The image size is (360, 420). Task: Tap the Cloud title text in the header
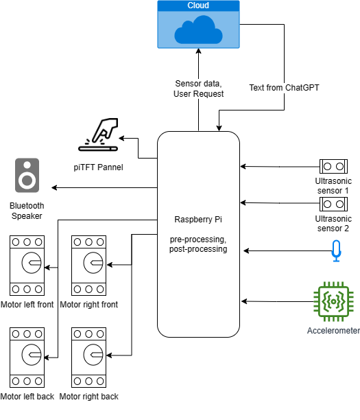[198, 5]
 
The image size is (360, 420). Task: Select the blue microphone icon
[335, 250]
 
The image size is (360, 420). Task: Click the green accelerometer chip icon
[333, 301]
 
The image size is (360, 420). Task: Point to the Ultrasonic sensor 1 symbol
[333, 166]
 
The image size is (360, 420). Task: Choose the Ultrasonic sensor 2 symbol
[333, 204]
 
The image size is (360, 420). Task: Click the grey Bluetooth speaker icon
[27, 176]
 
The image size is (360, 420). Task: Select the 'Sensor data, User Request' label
[199, 88]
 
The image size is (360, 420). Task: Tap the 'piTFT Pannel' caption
[98, 165]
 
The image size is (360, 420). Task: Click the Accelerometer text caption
[333, 331]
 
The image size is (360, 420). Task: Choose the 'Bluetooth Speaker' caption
[27, 211]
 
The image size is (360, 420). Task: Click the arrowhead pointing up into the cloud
[198, 53]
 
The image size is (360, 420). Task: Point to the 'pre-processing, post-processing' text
[198, 244]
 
